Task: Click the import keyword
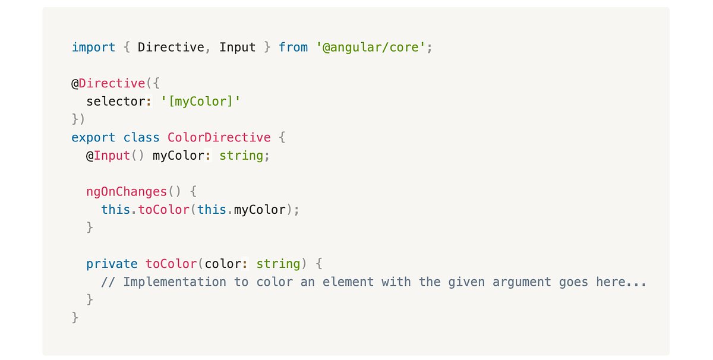tap(93, 47)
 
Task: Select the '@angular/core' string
tap(371, 47)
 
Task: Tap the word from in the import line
tap(293, 47)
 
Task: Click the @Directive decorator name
tap(108, 83)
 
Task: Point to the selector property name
tap(115, 102)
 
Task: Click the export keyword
tap(93, 138)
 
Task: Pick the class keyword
tap(141, 138)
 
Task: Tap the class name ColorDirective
tap(219, 138)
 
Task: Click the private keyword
tap(112, 264)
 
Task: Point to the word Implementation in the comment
tap(175, 282)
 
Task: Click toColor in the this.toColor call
tap(163, 210)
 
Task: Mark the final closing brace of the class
tap(75, 318)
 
